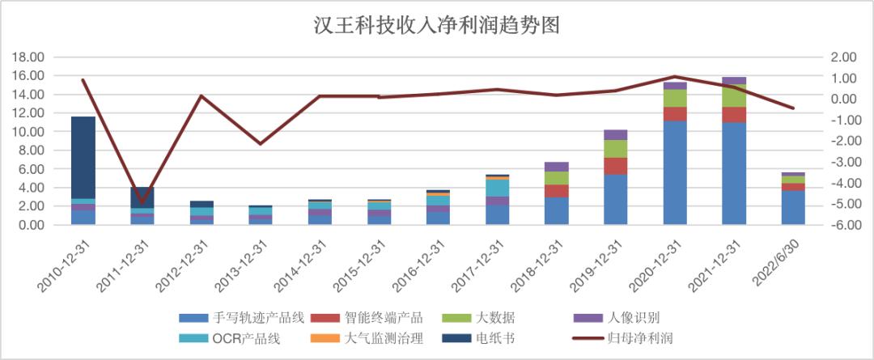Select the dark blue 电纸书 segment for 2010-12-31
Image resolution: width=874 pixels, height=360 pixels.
pos(83,158)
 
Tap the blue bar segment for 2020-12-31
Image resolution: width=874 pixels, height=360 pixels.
pos(675,172)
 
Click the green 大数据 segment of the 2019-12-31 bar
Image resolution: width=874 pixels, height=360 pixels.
pos(616,149)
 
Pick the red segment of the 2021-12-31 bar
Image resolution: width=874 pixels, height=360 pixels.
pos(734,115)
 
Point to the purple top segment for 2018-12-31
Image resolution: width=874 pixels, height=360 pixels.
pos(557,167)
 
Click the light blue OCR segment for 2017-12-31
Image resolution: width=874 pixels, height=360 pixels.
pos(498,188)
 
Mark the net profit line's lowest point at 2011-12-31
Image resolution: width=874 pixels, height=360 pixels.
pos(142,203)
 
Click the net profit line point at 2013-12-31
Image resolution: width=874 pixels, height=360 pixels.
pos(261,144)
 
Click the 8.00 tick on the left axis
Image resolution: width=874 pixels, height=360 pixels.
pos(32,150)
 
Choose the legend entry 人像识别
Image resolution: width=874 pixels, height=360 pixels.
pos(626,317)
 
